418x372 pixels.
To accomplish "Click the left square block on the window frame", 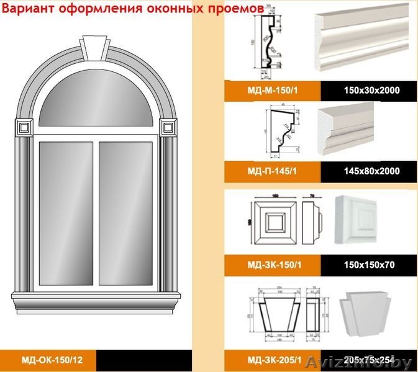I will pos(24,128).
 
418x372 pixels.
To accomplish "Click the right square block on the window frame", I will pos(166,128).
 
